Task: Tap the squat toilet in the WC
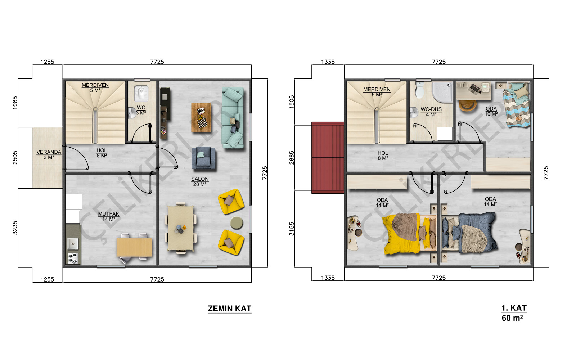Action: coord(141,93)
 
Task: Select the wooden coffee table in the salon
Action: coord(201,117)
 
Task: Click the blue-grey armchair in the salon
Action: coord(203,158)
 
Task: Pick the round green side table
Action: coord(237,223)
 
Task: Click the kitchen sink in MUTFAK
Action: coord(73,243)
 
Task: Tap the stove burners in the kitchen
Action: coord(72,258)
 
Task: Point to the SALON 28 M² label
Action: coord(200,181)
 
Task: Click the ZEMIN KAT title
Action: coord(229,309)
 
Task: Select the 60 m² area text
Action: coord(512,318)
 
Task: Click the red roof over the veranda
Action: coord(328,158)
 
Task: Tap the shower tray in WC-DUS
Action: coord(442,92)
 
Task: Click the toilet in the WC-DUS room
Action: coord(420,90)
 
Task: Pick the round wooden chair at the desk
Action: coord(468,105)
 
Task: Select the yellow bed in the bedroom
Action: coord(409,233)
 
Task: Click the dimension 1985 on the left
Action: coord(15,103)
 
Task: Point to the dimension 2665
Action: coord(292,158)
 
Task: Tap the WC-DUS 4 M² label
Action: coord(431,112)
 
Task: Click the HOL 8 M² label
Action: coord(383,156)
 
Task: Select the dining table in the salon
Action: coord(180,228)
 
